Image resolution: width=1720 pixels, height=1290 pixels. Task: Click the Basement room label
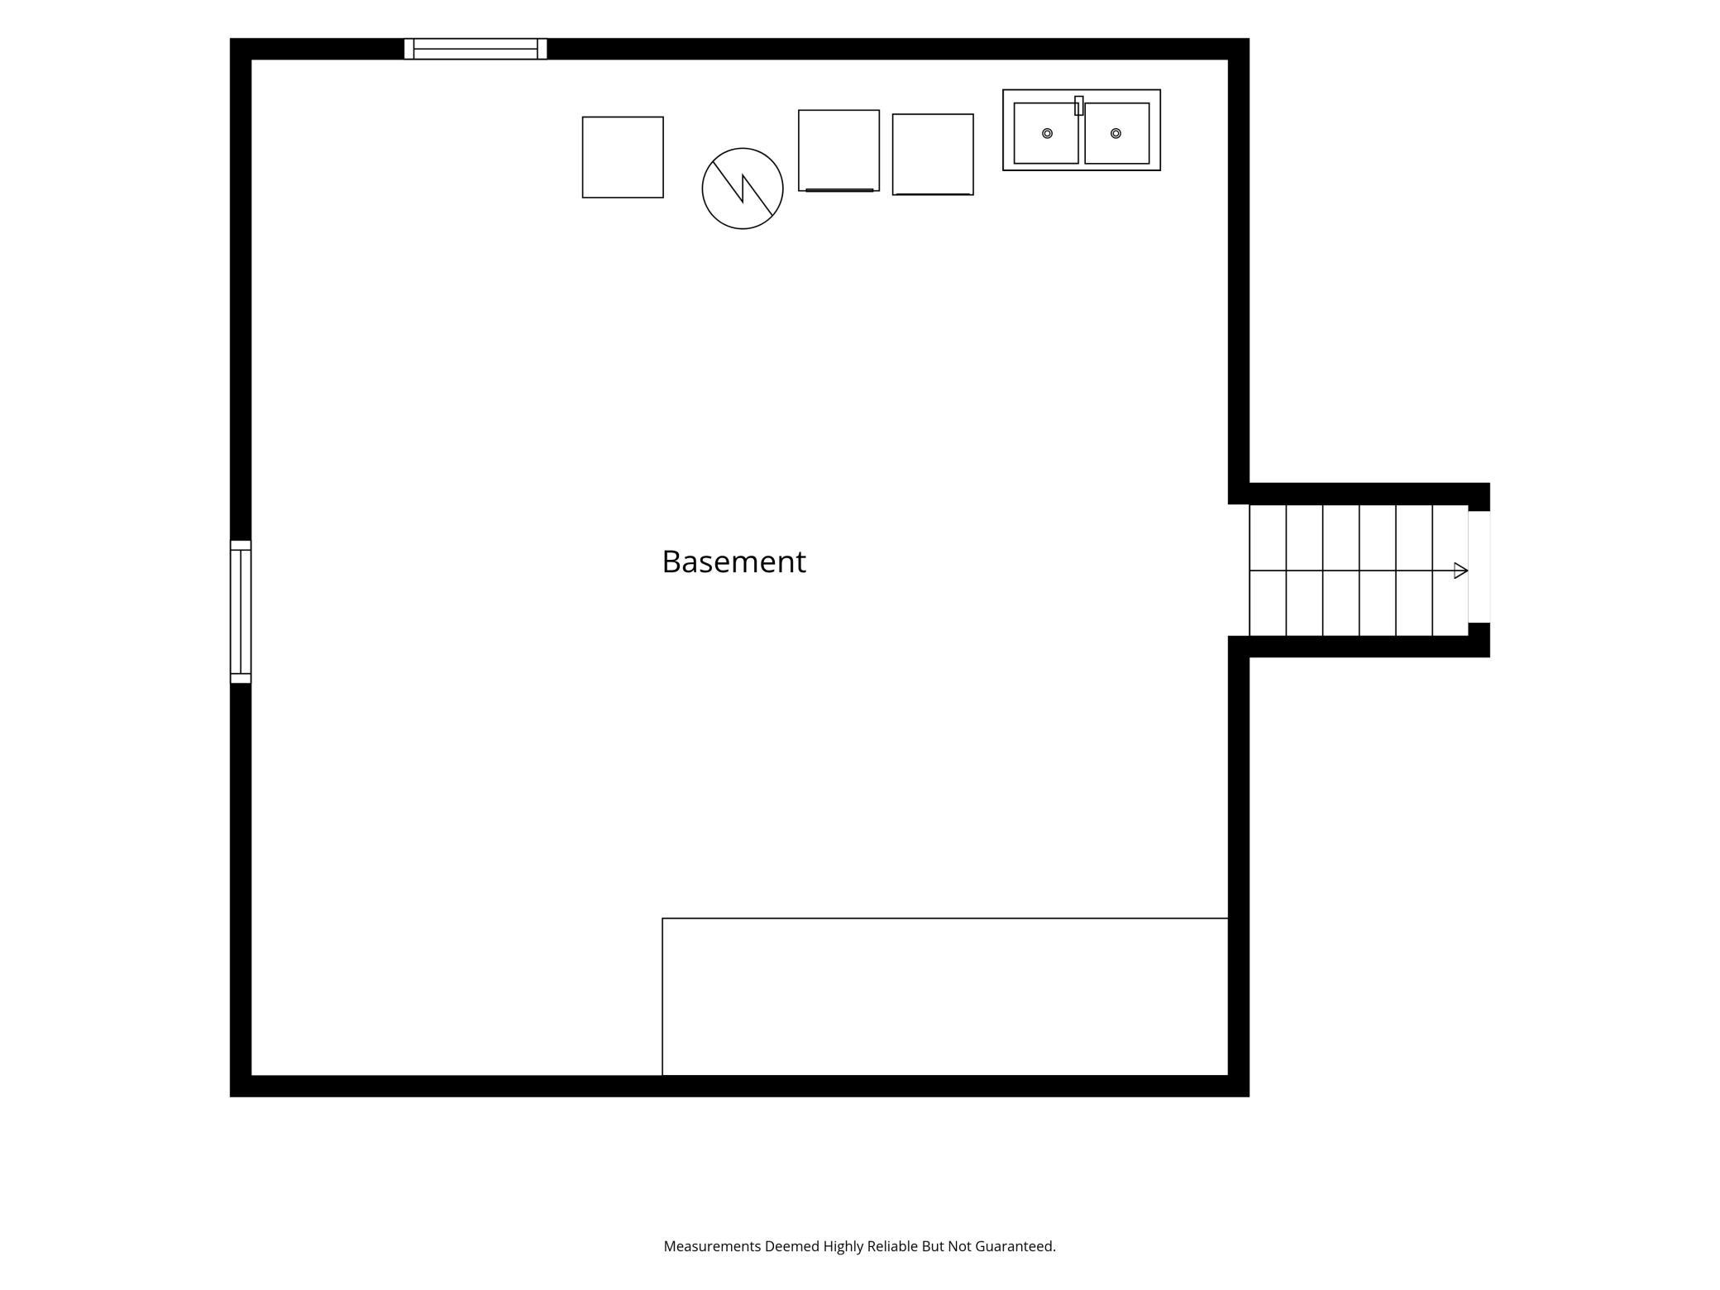pos(733,561)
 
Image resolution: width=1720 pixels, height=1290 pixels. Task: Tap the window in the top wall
pos(475,49)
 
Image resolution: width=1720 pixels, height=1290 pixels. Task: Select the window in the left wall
pos(241,612)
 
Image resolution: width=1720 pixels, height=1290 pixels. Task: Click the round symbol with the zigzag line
pos(743,189)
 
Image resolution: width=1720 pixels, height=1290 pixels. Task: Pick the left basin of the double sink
pos(1046,133)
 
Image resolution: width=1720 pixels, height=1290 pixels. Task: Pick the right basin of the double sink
pos(1117,133)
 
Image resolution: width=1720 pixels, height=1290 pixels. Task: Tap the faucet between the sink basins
pos(1079,106)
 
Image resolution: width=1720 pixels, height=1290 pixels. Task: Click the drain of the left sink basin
pos(1047,133)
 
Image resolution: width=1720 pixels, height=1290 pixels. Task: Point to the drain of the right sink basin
pos(1116,133)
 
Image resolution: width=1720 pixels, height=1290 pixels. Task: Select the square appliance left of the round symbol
pos(623,157)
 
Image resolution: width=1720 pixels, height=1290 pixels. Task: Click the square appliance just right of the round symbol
pos(838,150)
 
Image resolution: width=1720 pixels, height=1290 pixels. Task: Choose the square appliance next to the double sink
pos(933,155)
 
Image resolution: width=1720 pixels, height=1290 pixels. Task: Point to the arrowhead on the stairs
pos(1461,571)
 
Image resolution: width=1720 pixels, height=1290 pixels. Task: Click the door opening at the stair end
pos(1479,567)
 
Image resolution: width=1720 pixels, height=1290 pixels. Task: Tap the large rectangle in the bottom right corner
pos(945,996)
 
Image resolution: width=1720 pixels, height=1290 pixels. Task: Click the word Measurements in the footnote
pos(712,1246)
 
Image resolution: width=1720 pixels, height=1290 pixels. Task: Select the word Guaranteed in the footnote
pos(1015,1246)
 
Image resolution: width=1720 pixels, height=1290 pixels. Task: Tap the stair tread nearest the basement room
pos(1268,571)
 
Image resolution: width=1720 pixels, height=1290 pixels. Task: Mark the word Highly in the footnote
pos(843,1247)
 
